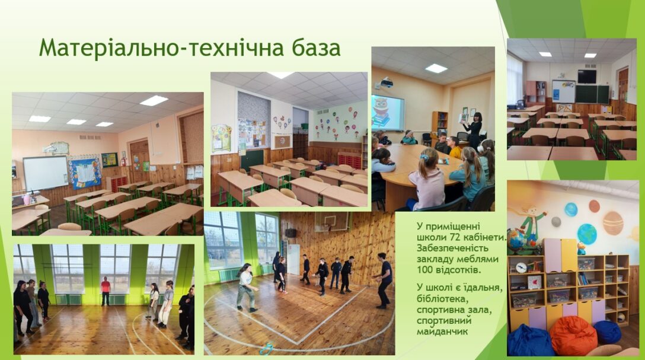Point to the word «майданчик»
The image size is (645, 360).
[442, 332]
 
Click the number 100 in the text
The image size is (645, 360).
[425, 270]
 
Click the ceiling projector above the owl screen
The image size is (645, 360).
[387, 83]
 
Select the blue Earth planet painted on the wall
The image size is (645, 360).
[587, 234]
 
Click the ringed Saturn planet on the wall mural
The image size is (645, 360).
[613, 222]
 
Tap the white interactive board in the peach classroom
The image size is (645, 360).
[45, 173]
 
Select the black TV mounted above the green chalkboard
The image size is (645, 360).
[587, 77]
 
